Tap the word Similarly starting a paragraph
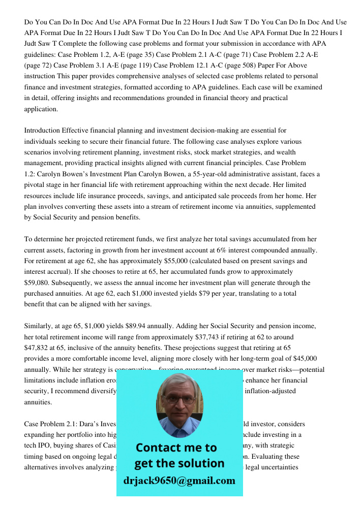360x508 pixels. point(39,326)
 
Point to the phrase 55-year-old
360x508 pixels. point(227,174)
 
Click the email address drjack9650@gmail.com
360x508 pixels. point(179,481)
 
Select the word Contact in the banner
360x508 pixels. point(158,448)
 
